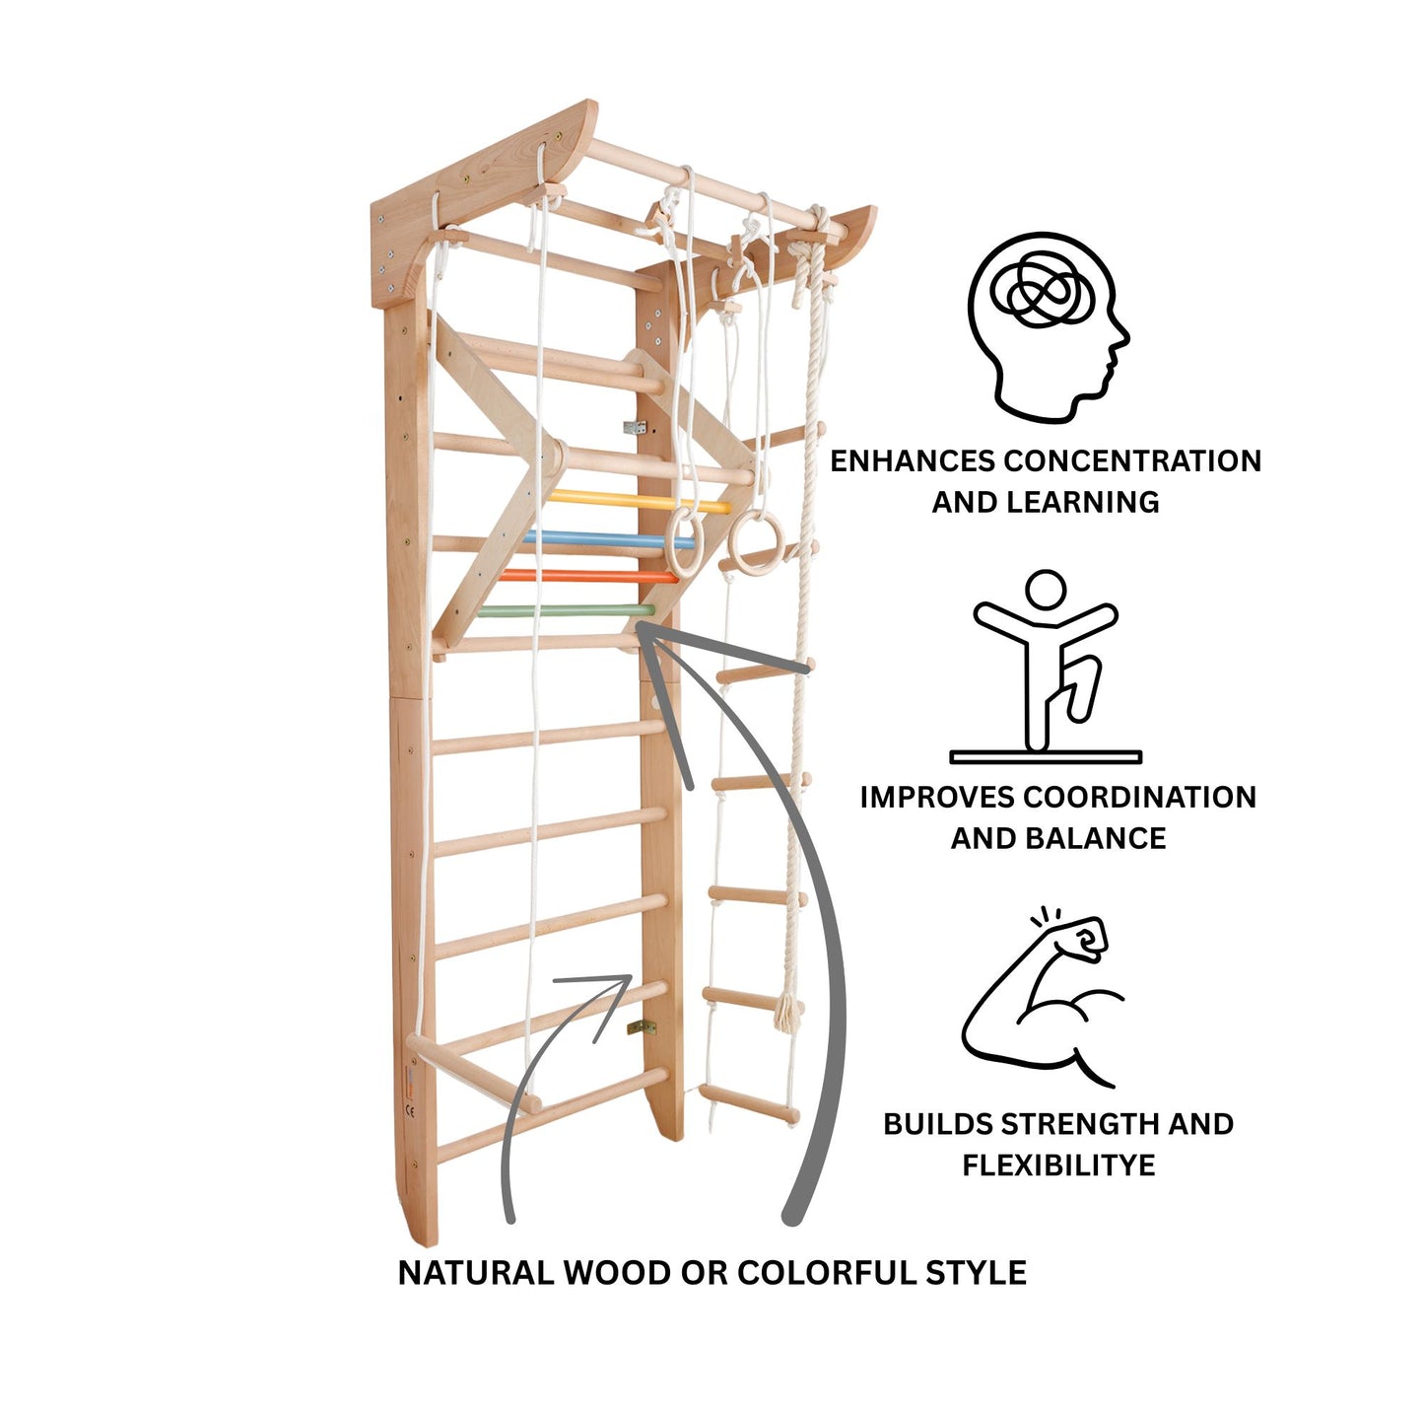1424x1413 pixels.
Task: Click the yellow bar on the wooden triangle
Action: tap(640, 502)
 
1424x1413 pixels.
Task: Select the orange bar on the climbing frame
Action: tap(587, 575)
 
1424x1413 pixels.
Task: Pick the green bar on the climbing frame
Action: tap(566, 610)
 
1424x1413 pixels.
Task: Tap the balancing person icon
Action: tap(1045, 666)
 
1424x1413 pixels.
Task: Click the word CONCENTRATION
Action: tap(1131, 460)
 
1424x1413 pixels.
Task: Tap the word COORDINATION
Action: tap(1139, 797)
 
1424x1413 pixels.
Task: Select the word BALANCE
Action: tap(1095, 838)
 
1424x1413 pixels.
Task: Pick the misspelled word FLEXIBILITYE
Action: tap(1058, 1166)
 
